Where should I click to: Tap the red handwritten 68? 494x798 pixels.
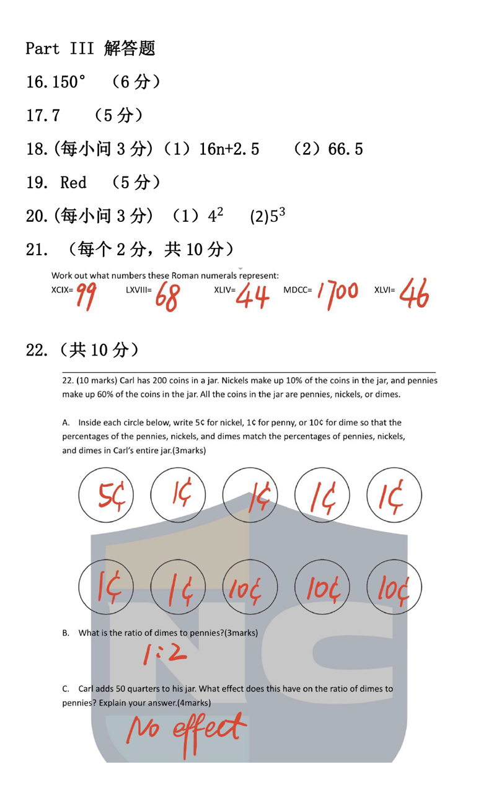pyautogui.click(x=167, y=296)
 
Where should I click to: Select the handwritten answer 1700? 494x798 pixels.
pyautogui.click(x=337, y=292)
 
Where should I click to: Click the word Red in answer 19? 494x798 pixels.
pyautogui.click(x=73, y=182)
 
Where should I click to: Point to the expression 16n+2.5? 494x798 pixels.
pyautogui.click(x=229, y=149)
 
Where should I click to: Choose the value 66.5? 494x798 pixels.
pyautogui.click(x=345, y=149)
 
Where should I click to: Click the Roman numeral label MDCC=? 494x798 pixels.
pyautogui.click(x=298, y=289)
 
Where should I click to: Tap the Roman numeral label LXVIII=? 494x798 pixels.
pyautogui.click(x=139, y=289)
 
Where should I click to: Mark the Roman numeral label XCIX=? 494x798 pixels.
pyautogui.click(x=62, y=289)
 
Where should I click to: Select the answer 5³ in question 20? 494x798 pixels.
pyautogui.click(x=276, y=216)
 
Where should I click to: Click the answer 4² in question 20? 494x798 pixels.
pyautogui.click(x=215, y=216)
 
